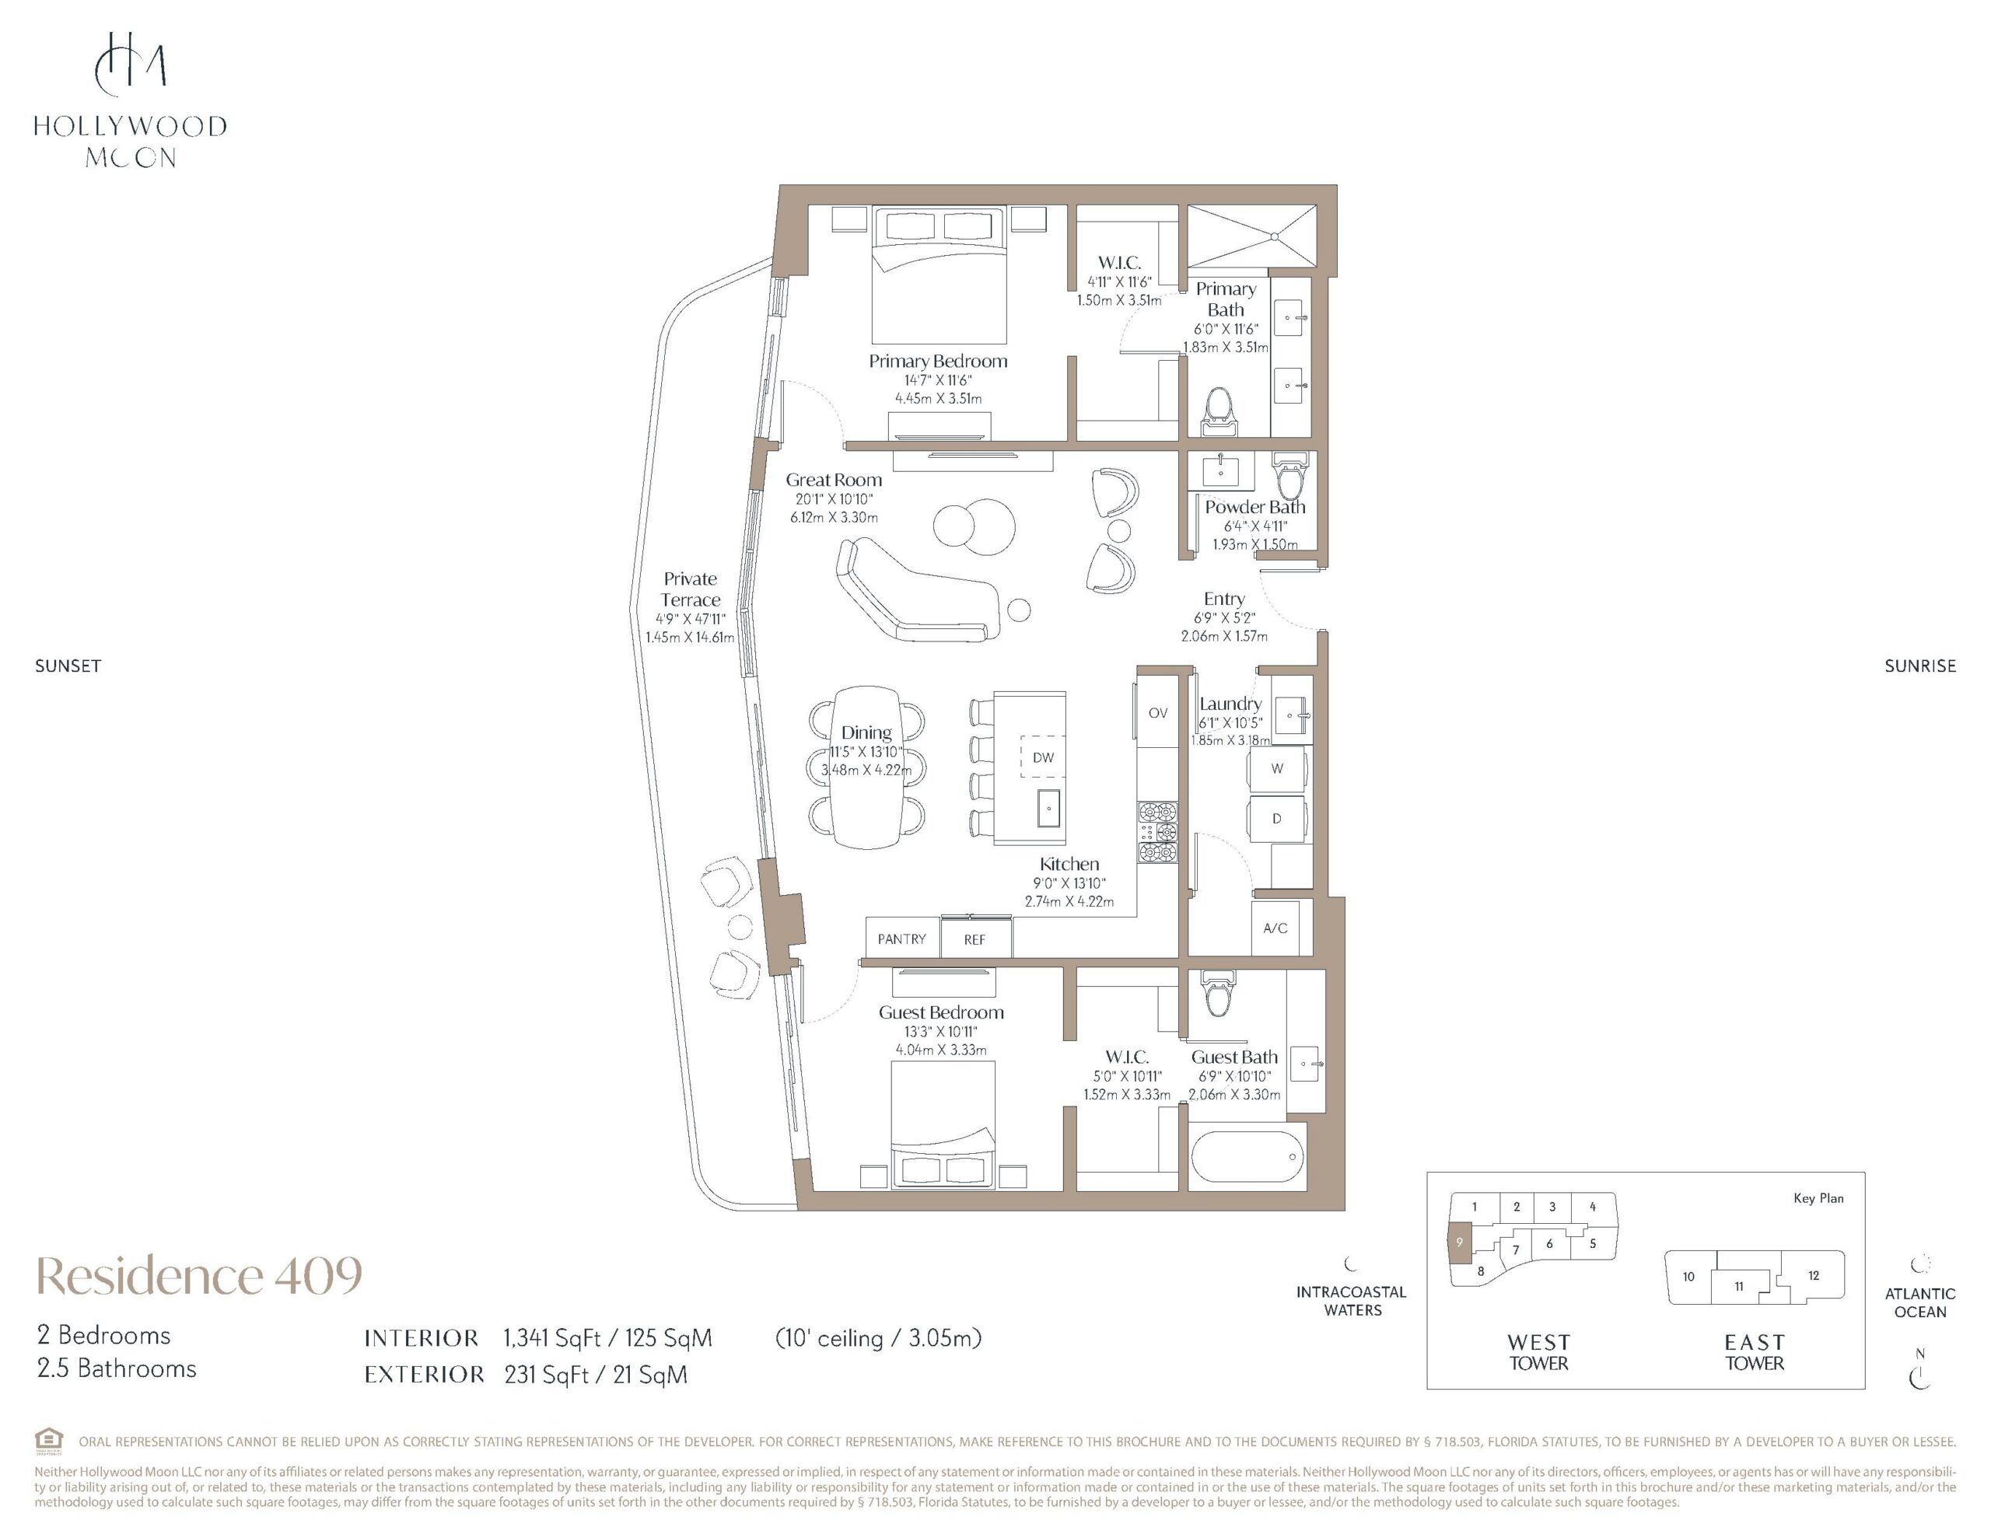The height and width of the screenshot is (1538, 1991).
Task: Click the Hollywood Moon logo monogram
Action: [x=131, y=64]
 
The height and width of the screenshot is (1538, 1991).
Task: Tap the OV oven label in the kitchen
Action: [x=1158, y=713]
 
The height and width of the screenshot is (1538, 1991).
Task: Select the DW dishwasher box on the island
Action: [x=1043, y=757]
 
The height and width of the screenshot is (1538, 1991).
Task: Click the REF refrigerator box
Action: [x=975, y=939]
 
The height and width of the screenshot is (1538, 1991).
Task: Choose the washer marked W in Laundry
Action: [x=1277, y=768]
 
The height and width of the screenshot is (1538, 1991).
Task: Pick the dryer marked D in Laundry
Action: [x=1276, y=819]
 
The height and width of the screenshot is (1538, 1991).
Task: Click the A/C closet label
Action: [x=1275, y=928]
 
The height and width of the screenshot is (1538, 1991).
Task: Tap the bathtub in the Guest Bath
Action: [x=1246, y=1157]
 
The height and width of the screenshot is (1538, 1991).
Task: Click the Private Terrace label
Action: [x=690, y=589]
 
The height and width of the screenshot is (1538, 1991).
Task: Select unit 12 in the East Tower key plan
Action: [x=1813, y=1275]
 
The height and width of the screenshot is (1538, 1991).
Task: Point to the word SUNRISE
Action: [x=1920, y=666]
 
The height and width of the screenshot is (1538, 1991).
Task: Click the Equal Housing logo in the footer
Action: [x=48, y=1441]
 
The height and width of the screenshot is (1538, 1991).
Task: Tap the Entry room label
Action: [x=1223, y=599]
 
